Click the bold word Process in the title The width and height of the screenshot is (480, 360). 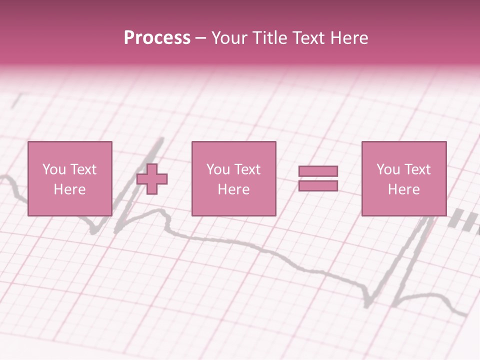157,38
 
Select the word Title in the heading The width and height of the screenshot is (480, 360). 270,38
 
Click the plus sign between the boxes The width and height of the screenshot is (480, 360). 152,179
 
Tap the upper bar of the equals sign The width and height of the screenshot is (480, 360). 318,171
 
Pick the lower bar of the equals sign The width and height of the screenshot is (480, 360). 318,185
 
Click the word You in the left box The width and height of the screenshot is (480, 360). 54,169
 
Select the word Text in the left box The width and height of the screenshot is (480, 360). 83,169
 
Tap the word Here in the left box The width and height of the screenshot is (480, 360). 69,189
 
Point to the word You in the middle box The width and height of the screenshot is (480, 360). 218,169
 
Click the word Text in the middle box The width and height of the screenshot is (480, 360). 247,169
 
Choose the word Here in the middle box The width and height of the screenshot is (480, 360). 233,189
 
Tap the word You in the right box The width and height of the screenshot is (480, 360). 388,169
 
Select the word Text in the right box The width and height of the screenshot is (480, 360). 417,169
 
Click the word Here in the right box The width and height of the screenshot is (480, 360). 403,189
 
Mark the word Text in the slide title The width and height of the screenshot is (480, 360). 311,38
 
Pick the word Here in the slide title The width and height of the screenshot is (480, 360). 350,38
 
